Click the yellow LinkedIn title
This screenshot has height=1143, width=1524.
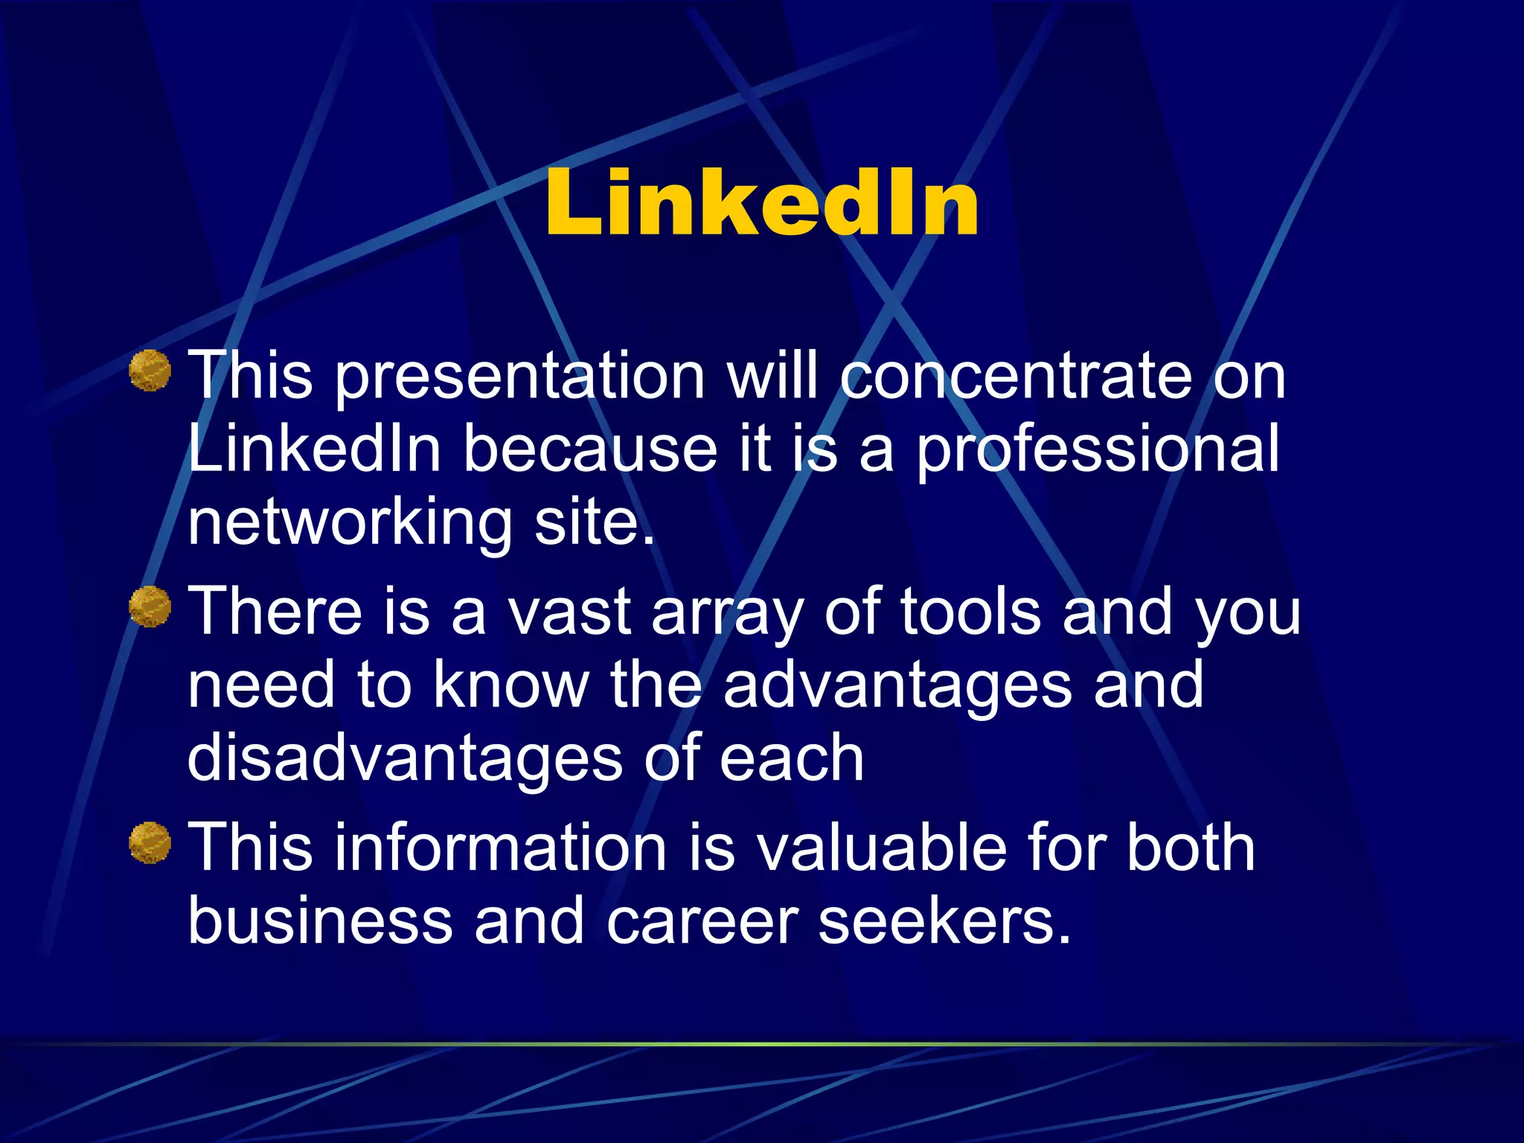click(x=761, y=203)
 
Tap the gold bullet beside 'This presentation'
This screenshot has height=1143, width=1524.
click(x=150, y=371)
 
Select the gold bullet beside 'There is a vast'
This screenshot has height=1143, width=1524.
click(x=150, y=606)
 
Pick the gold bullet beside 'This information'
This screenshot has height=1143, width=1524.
click(x=150, y=842)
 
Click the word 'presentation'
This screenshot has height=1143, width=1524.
click(x=519, y=378)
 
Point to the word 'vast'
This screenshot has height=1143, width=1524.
click(x=569, y=612)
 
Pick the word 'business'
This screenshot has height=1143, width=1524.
click(x=320, y=921)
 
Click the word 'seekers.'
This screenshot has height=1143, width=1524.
click(x=945, y=921)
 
